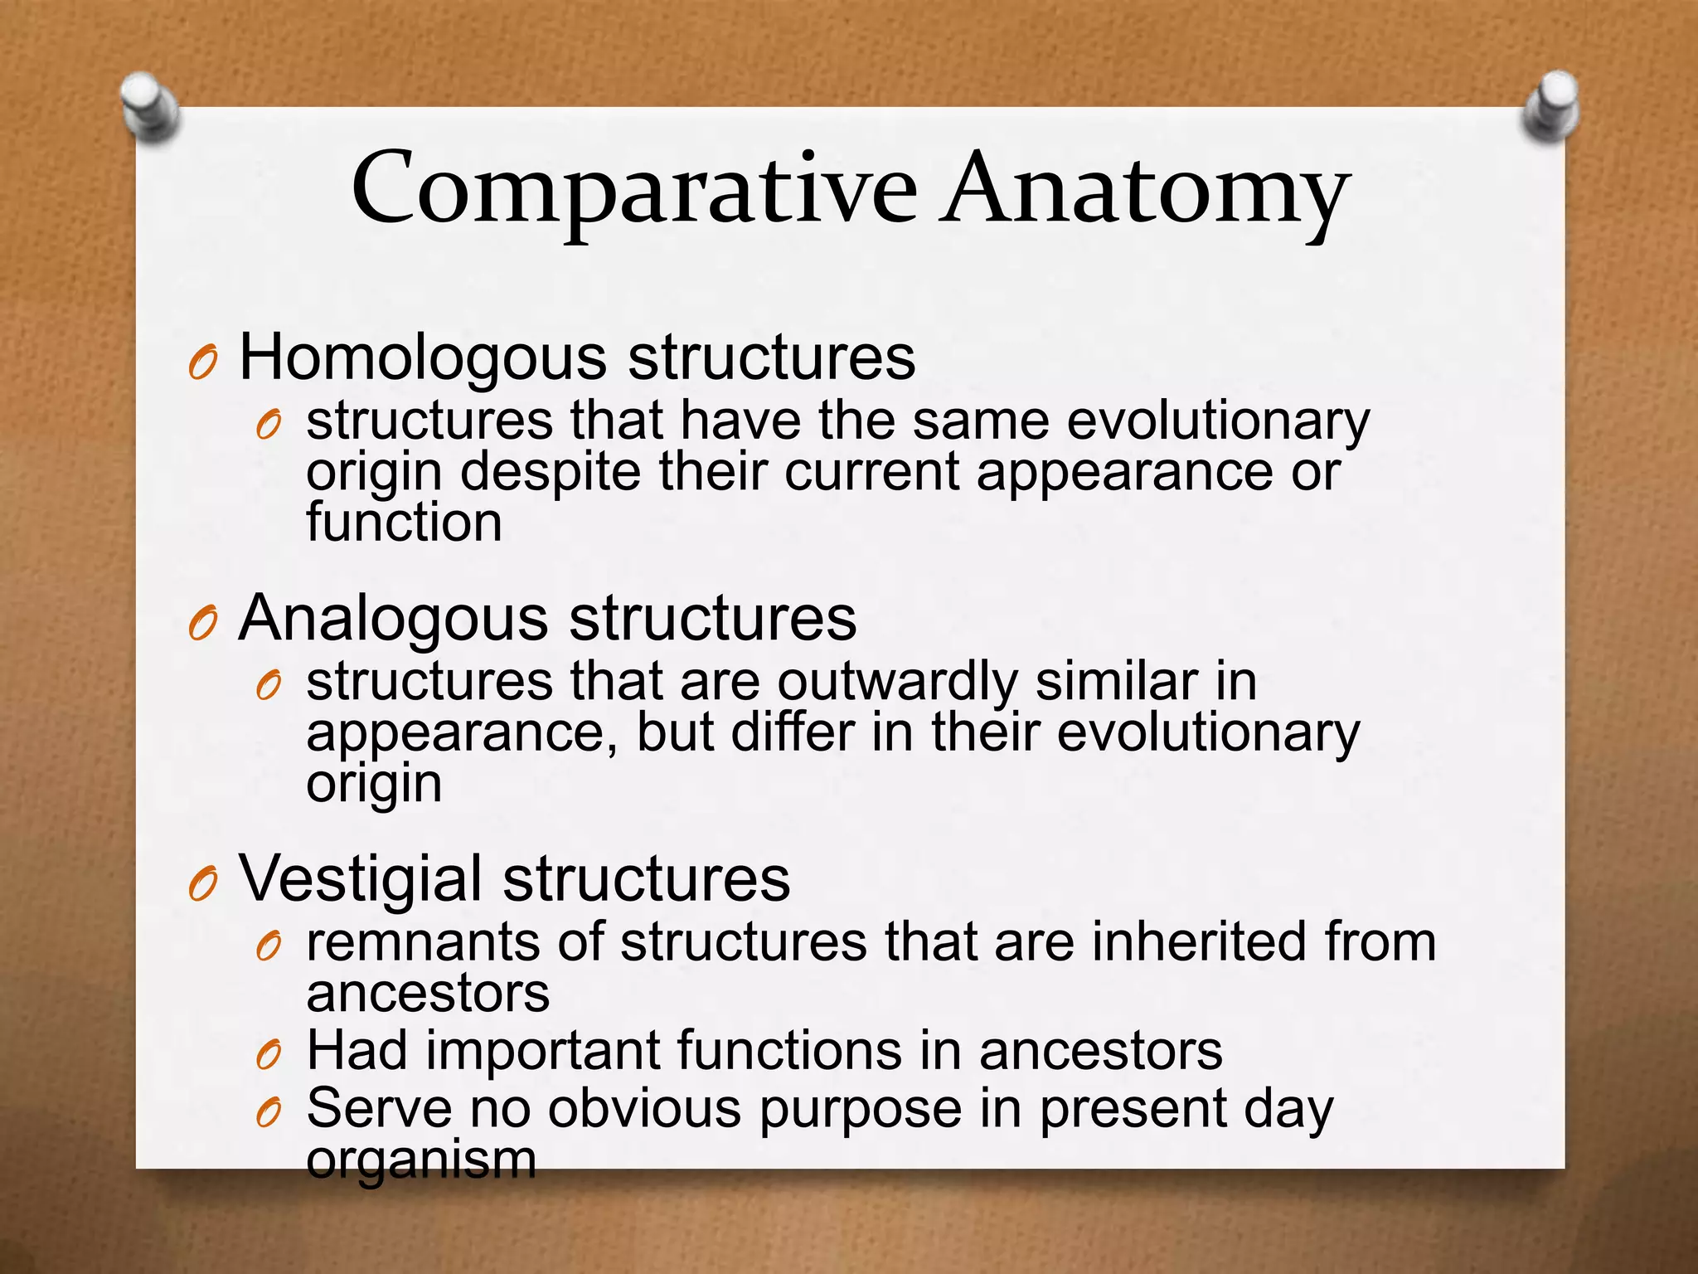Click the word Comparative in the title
click(634, 191)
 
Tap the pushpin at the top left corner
click(149, 108)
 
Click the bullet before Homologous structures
click(202, 363)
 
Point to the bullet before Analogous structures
click(202, 624)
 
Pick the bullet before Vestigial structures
click(202, 884)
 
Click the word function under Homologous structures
click(404, 523)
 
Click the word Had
click(357, 1051)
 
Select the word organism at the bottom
click(421, 1161)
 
